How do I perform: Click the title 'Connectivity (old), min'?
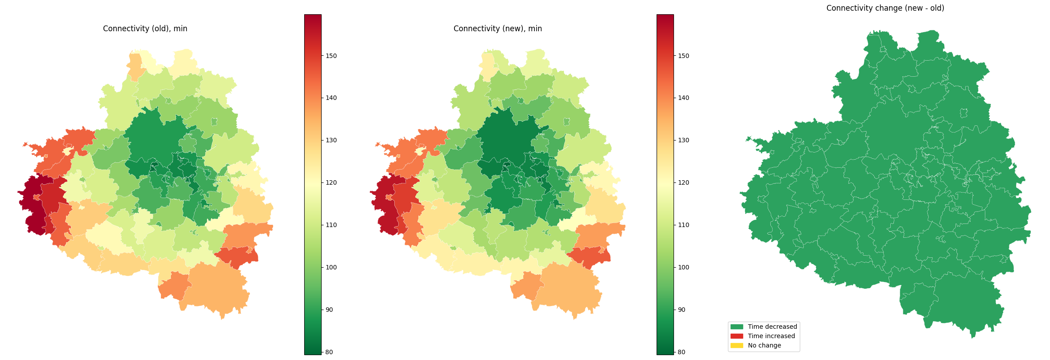click(x=145, y=29)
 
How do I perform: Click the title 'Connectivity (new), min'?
click(x=497, y=29)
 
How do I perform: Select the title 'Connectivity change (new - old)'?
click(x=885, y=8)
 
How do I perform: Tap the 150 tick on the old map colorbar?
click(x=331, y=56)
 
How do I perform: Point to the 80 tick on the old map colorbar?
click(x=329, y=352)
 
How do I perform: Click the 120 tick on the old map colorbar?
click(x=331, y=182)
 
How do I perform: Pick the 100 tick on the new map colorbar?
click(x=683, y=267)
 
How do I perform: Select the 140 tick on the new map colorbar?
click(x=683, y=98)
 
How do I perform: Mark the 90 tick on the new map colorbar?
click(x=682, y=310)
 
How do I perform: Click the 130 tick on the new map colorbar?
click(x=683, y=140)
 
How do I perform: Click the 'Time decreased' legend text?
click(x=772, y=327)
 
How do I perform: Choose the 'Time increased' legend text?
click(x=771, y=336)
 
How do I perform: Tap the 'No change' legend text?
click(x=764, y=345)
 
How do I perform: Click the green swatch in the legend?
click(x=737, y=327)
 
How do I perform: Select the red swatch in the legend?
click(x=737, y=336)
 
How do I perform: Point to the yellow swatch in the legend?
click(x=737, y=345)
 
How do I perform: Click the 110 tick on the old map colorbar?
click(x=331, y=225)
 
